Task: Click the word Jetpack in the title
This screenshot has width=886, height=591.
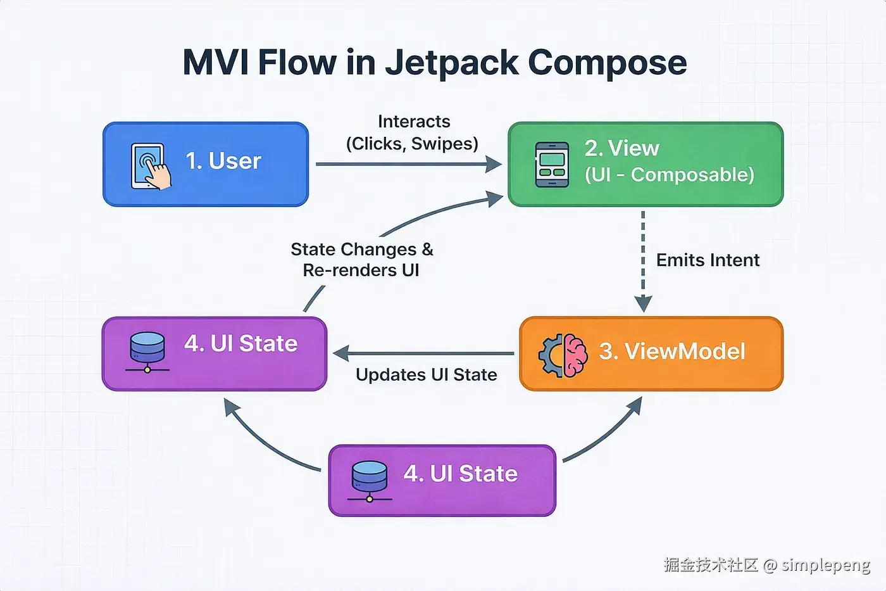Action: pyautogui.click(x=452, y=63)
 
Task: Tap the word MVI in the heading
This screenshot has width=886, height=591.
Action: pyautogui.click(x=215, y=63)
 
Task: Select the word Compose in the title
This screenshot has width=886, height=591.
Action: pyautogui.click(x=607, y=63)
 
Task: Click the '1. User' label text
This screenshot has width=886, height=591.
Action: pyautogui.click(x=223, y=162)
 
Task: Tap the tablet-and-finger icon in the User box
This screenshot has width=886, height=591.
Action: pyautogui.click(x=150, y=166)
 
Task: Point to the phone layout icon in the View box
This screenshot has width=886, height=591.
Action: pyautogui.click(x=551, y=165)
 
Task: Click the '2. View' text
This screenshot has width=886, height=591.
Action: pyautogui.click(x=621, y=149)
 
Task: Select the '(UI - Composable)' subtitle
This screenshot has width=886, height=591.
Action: pyautogui.click(x=669, y=175)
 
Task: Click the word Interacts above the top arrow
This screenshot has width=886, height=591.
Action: pyautogui.click(x=414, y=122)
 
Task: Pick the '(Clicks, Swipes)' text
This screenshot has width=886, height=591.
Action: pyautogui.click(x=412, y=144)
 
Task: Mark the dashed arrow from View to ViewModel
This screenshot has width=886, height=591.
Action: pyautogui.click(x=643, y=260)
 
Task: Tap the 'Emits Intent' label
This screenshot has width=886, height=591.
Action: pyautogui.click(x=708, y=260)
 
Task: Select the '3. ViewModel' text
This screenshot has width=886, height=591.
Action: pyautogui.click(x=672, y=352)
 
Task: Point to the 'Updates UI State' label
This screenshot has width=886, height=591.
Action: pyautogui.click(x=426, y=375)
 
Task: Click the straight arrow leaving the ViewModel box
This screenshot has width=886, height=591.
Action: pyautogui.click(x=424, y=353)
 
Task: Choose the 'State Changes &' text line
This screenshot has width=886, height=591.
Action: pyautogui.click(x=362, y=250)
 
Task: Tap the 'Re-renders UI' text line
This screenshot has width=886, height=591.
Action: pyautogui.click(x=361, y=270)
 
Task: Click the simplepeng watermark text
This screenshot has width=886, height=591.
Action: pyautogui.click(x=826, y=565)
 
